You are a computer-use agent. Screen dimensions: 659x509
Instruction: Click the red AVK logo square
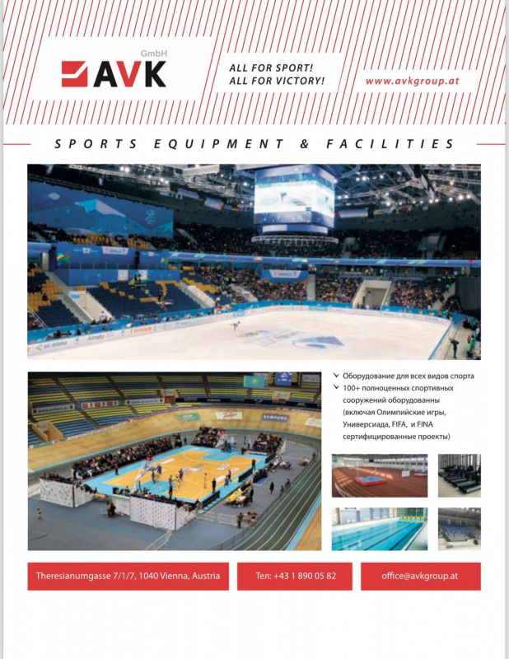[74, 74]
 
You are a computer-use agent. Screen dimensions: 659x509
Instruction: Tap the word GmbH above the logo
[153, 54]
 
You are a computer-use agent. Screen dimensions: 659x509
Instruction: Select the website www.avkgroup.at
[412, 81]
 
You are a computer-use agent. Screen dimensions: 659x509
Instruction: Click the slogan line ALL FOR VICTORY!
[277, 81]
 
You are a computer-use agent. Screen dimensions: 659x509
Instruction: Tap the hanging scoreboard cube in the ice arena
[294, 198]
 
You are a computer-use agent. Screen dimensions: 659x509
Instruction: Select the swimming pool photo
[379, 529]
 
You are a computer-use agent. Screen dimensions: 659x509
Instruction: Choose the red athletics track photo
[379, 475]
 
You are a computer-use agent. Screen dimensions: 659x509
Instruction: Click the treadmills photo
[459, 475]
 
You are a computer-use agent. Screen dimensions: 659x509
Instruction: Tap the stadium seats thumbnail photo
[459, 529]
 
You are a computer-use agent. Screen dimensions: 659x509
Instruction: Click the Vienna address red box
[128, 576]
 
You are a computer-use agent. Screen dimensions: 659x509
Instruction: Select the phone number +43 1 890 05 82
[296, 576]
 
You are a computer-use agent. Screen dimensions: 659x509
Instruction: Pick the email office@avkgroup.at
[420, 576]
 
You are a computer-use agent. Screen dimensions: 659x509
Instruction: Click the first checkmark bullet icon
[336, 376]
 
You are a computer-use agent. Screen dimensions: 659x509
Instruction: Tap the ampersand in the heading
[304, 144]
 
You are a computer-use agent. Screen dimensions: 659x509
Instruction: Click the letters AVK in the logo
[129, 74]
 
